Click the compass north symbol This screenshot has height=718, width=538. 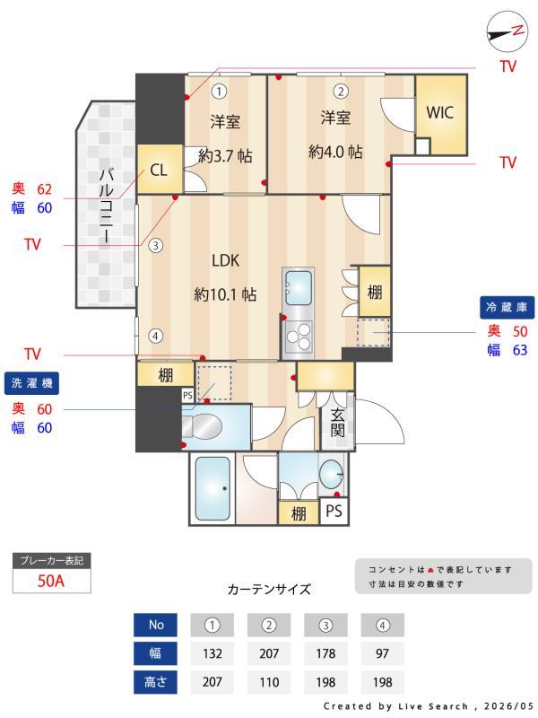tap(507, 31)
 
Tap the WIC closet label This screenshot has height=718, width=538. tap(439, 112)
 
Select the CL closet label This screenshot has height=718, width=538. tap(159, 171)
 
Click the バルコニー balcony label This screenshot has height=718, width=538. tap(106, 206)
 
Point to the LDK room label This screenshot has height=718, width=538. tap(225, 260)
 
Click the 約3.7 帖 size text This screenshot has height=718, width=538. tap(225, 156)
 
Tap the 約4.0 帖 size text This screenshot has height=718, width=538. tap(335, 151)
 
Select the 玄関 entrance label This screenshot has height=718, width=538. tap(338, 422)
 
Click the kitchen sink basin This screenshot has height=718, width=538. tap(299, 286)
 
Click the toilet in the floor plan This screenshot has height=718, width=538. tap(202, 427)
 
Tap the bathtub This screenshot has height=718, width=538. tap(213, 488)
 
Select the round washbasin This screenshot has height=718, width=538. tap(331, 475)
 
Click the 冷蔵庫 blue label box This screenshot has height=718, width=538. tap(507, 307)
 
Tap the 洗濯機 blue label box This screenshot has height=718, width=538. tap(32, 383)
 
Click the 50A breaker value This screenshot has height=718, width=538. tap(51, 581)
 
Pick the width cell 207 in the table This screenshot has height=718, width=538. tap(269, 653)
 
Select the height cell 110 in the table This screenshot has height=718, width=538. tap(269, 682)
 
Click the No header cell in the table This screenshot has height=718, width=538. tap(155, 625)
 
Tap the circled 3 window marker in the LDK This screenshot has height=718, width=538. tap(155, 245)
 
